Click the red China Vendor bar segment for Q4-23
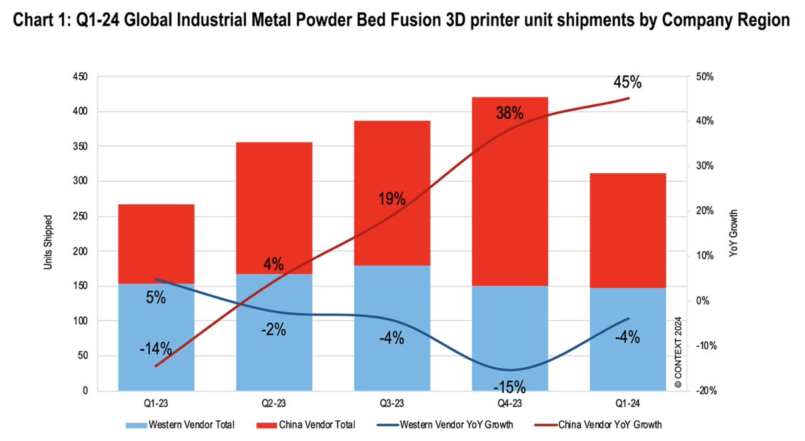pos(510,201)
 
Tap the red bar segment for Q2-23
pos(274,201)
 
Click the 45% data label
pos(627,83)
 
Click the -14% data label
pos(156,349)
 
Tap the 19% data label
pos(391,199)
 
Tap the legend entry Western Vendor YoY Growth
pos(456,425)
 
